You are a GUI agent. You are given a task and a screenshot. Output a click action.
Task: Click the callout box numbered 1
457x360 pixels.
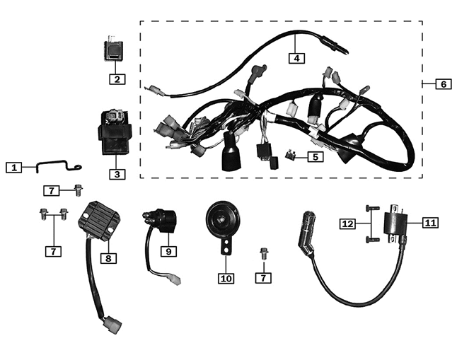[13, 168]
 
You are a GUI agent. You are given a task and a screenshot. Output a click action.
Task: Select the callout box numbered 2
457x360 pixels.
[117, 79]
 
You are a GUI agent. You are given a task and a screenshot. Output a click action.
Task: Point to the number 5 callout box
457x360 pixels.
[315, 156]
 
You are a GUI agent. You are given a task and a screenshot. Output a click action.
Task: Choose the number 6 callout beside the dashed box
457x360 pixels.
[444, 84]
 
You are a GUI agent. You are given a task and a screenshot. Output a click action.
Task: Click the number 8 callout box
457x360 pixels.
[108, 258]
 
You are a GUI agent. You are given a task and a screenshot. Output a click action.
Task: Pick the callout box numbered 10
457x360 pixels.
[226, 278]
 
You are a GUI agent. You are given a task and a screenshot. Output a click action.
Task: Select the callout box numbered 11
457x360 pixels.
[430, 223]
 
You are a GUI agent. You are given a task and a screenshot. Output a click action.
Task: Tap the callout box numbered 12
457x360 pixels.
[347, 223]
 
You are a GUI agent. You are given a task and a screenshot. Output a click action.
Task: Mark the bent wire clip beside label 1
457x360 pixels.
[53, 167]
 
